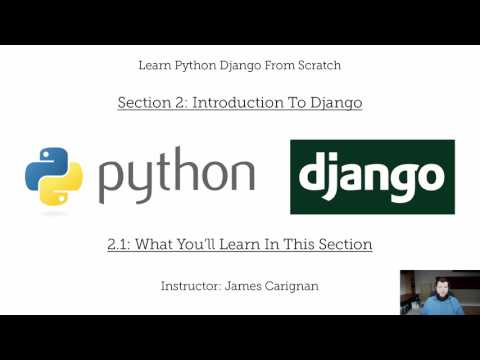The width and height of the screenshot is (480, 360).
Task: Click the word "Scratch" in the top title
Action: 316,65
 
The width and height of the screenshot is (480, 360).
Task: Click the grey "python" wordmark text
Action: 176,177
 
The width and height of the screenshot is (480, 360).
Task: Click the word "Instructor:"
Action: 191,285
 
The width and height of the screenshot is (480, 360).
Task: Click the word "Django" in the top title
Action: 255,65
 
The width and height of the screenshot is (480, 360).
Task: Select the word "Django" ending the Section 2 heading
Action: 335,102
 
